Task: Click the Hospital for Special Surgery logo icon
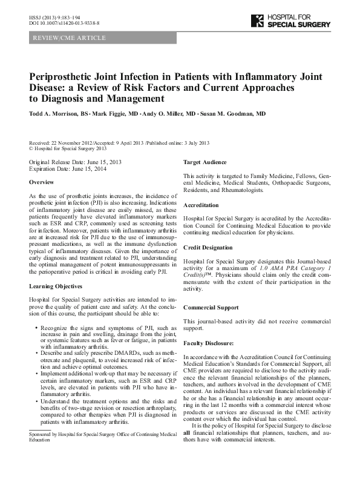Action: (257, 21)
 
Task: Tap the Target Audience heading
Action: (205, 162)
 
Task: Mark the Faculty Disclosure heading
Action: (209, 343)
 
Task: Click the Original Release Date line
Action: (75, 163)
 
